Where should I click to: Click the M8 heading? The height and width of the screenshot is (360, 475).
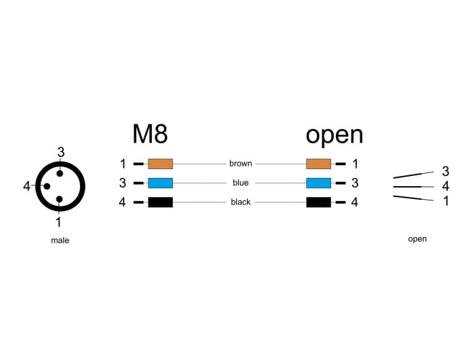coord(150,134)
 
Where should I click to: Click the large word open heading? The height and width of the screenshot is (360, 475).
coord(334,134)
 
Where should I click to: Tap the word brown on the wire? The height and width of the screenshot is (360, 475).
coord(240,164)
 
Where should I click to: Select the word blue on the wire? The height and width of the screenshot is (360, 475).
coord(240,183)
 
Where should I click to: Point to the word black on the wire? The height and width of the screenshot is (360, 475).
coord(240,202)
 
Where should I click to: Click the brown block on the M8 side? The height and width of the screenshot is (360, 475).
coord(160,164)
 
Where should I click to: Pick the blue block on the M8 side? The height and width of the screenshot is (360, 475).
coord(160,183)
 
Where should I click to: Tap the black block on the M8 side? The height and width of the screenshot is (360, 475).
coord(160,202)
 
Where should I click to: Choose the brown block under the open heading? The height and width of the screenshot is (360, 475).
coord(318,164)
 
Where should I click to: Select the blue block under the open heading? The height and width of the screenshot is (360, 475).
coord(318,183)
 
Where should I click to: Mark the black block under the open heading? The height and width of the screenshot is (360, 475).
coord(318,202)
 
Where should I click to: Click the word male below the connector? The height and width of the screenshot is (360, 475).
coord(60,240)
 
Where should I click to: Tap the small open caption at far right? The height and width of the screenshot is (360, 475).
coord(417,239)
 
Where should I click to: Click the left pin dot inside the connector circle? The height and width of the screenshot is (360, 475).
coord(47,186)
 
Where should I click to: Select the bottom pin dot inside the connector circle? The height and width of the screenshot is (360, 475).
coord(60,200)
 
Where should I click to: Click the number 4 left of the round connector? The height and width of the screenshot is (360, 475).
coord(26,186)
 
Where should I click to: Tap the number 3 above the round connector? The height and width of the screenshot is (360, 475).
coord(60,152)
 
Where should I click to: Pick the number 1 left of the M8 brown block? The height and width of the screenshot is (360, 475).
coord(123,164)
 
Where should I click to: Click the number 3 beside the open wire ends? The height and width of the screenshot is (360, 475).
coord(445,170)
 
